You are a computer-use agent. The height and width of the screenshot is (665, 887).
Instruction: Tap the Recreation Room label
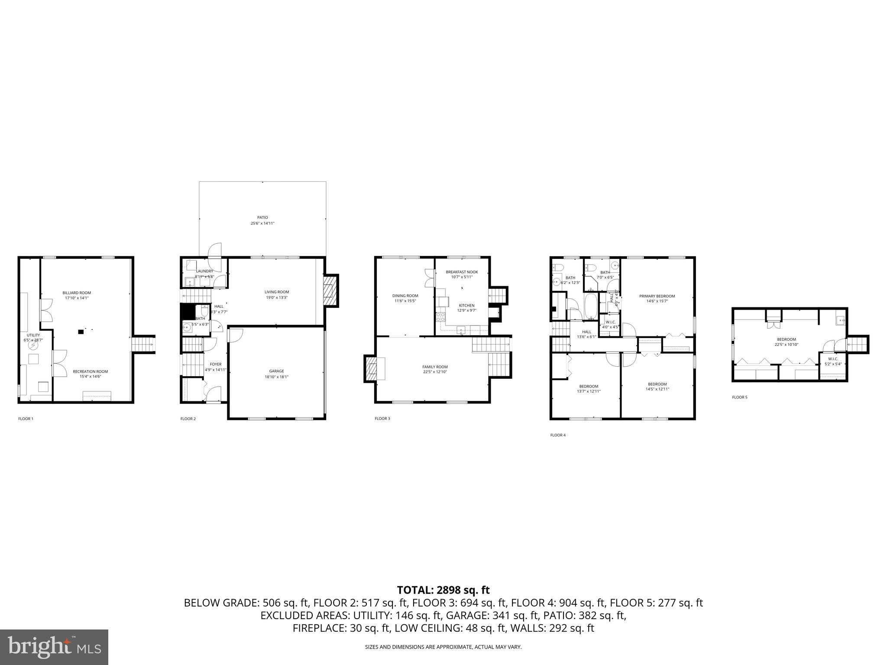point(90,371)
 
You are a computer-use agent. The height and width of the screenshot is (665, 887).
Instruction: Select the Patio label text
point(262,217)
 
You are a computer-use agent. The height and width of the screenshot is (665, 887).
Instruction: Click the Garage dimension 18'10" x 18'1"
point(276,377)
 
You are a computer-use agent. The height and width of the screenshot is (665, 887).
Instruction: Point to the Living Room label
point(277,292)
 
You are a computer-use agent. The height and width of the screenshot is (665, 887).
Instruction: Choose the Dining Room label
point(405,296)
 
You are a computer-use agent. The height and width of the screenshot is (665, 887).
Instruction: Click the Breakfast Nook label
point(462,272)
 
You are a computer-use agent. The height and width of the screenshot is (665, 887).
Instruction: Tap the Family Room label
point(435,367)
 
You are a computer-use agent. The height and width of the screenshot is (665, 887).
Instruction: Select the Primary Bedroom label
point(657,296)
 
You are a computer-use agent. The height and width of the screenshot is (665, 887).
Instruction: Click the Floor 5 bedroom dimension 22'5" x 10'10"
point(786,345)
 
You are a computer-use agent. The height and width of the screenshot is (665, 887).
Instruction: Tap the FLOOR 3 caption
point(382,419)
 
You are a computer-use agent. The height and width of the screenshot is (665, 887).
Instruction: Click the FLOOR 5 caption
point(739,397)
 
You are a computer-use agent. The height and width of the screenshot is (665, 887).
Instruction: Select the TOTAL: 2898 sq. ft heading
point(443,590)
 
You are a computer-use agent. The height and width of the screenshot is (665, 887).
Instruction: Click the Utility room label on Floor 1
point(33,335)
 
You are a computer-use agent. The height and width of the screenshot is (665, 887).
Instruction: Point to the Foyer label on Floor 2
point(215,364)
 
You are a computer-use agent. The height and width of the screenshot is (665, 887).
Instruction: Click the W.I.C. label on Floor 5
point(832,359)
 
